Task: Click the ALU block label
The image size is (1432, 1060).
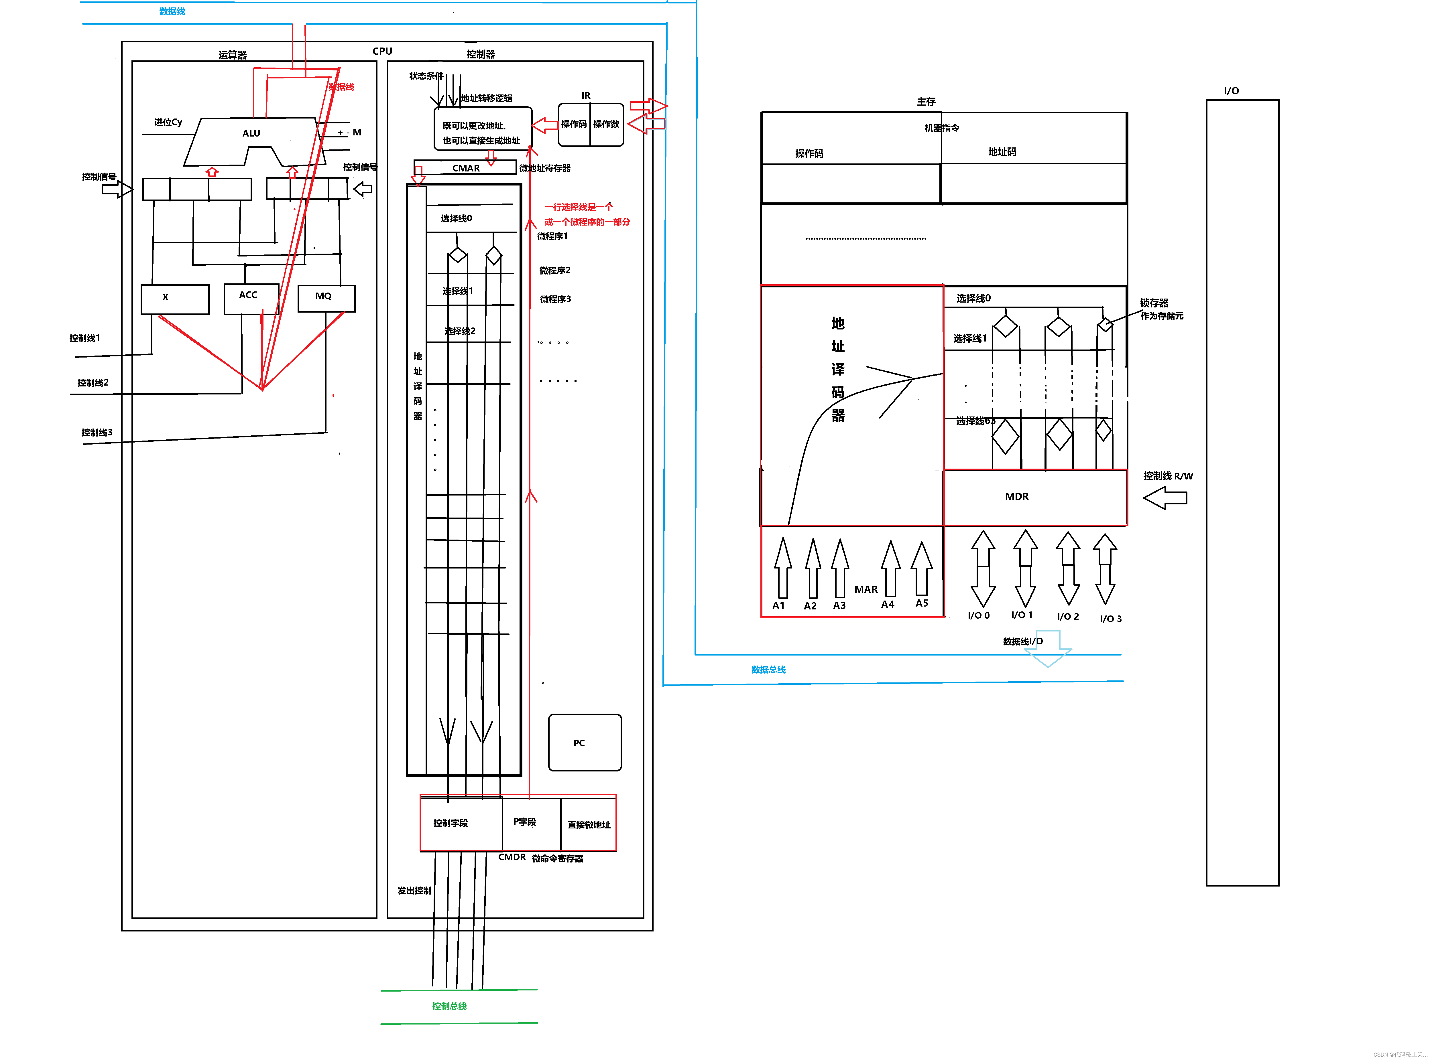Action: pyautogui.click(x=251, y=133)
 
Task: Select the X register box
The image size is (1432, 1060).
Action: pyautogui.click(x=175, y=298)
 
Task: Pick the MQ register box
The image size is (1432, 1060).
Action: pyautogui.click(x=326, y=298)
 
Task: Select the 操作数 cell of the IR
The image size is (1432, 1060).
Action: pyautogui.click(x=606, y=125)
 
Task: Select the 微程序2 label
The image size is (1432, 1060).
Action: pyautogui.click(x=554, y=270)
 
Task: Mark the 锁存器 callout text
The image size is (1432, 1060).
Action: pyautogui.click(x=1154, y=303)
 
